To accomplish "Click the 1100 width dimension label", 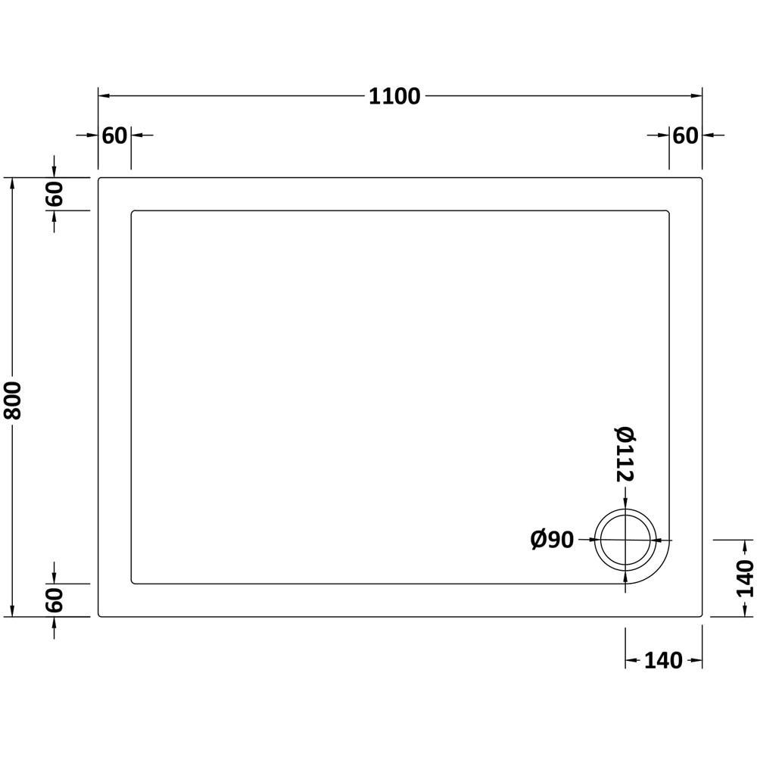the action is click(394, 97).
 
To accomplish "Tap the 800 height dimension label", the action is click(13, 400).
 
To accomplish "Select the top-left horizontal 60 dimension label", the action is click(114, 136).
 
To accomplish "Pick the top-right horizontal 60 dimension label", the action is click(686, 136).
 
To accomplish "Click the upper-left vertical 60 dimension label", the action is click(55, 194).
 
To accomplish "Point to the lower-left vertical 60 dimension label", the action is click(55, 600).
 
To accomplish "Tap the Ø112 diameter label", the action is click(625, 454).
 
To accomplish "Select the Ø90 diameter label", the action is click(553, 540).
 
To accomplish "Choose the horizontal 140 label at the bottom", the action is click(663, 660).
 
